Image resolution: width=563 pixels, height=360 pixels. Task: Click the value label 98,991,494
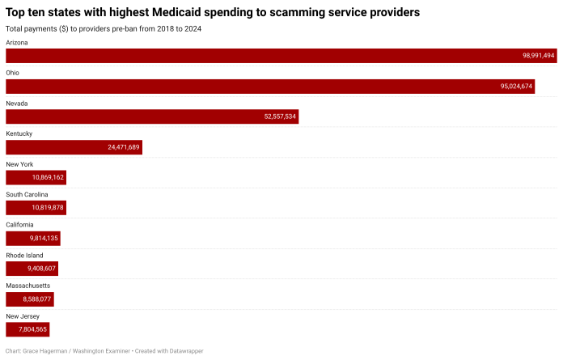coord(538,56)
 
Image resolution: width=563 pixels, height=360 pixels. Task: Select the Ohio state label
coord(13,73)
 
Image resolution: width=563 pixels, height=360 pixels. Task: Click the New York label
coord(19,164)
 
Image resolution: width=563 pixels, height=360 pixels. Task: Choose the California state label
coord(19,225)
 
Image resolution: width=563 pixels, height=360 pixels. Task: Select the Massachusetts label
coord(28,286)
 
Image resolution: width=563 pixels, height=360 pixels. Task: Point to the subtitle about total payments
coord(104,29)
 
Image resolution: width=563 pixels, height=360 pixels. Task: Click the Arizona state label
coord(17,42)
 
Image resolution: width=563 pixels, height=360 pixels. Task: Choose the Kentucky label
coord(19,133)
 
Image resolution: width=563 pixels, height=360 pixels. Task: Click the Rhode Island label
coord(24,256)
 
